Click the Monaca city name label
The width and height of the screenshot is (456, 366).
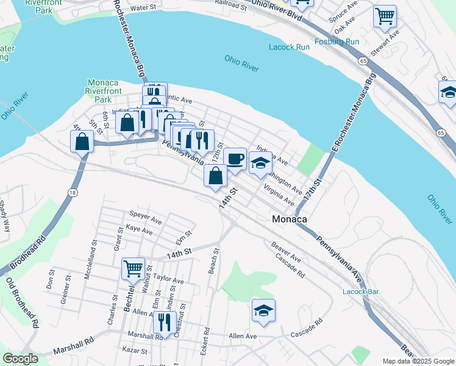(x=289, y=219)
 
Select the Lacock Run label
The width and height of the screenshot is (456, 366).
(x=289, y=47)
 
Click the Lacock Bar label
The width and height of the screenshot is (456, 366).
(x=360, y=292)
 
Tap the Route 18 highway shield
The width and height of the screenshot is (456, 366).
(x=72, y=193)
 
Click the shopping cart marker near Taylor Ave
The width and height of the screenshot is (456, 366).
(x=133, y=268)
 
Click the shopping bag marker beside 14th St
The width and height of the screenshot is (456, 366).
(x=215, y=176)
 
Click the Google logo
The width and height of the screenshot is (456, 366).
(x=21, y=359)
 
